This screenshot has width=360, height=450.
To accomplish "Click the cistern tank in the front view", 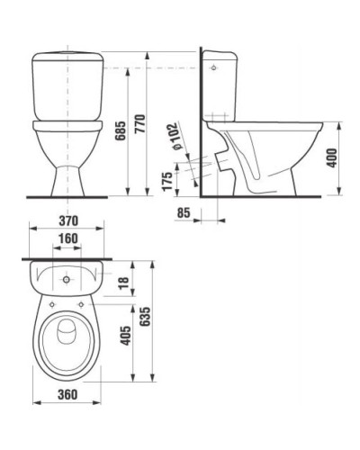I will pos(67,86).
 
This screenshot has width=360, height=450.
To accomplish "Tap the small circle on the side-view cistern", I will pos(211,67).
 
